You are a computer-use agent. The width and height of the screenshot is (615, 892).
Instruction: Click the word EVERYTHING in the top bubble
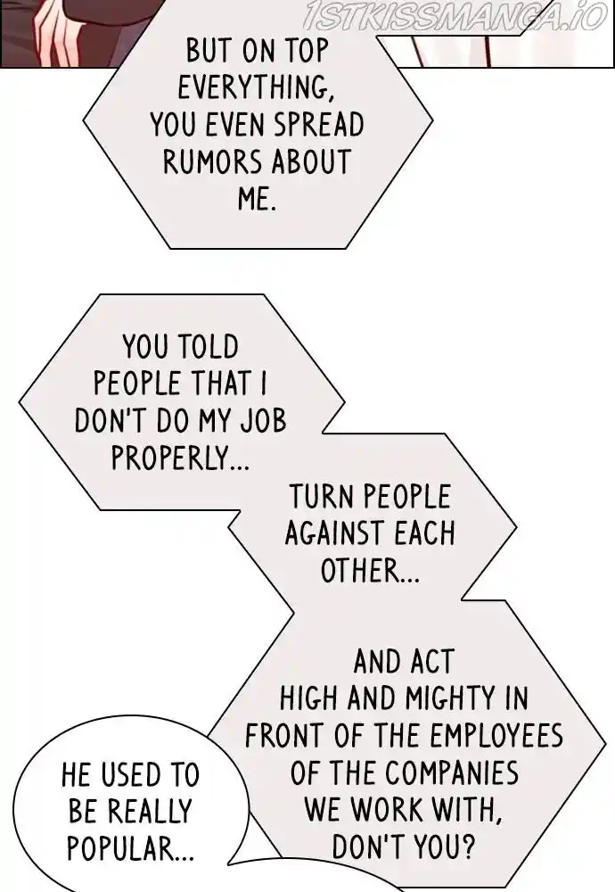tap(253, 87)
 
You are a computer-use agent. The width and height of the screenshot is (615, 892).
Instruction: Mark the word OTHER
tap(370, 570)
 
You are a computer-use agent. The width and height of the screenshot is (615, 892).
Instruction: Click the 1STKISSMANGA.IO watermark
tap(455, 15)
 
